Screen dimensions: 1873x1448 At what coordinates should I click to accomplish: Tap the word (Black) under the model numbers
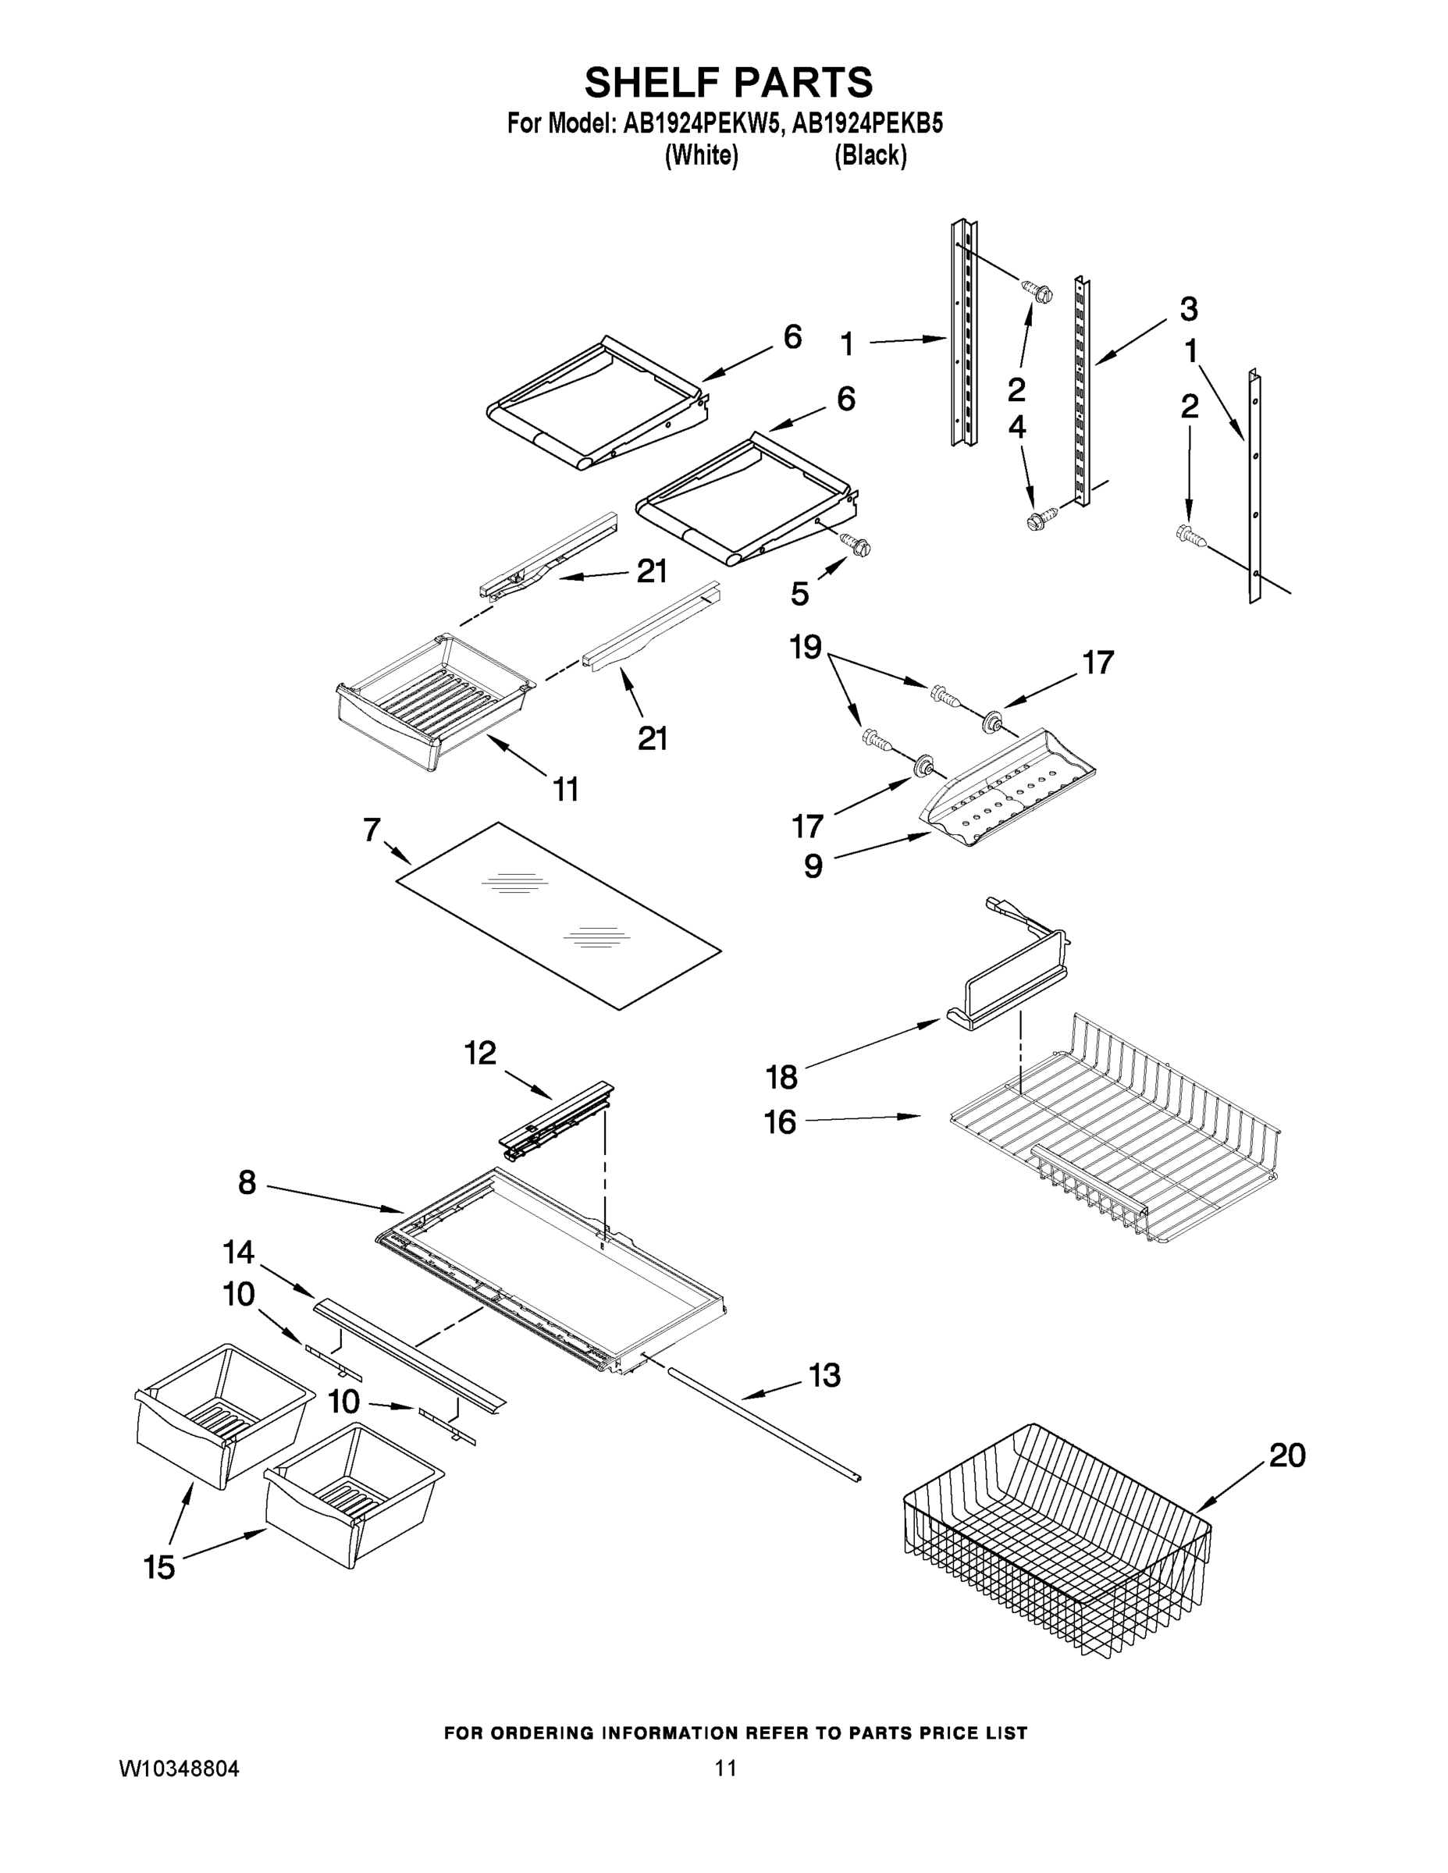point(870,155)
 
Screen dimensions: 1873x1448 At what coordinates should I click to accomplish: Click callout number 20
point(1286,1455)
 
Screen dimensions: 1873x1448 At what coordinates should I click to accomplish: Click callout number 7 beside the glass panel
point(371,830)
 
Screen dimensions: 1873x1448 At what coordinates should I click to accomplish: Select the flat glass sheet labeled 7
point(557,915)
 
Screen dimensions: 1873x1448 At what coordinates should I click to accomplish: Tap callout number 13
point(824,1376)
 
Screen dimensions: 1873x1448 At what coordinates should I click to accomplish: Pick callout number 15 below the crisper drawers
point(159,1568)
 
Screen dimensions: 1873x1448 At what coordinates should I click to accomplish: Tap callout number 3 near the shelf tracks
point(1187,309)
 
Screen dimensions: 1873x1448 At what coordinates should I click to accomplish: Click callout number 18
point(781,1076)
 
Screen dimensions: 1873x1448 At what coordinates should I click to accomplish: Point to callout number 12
point(480,1053)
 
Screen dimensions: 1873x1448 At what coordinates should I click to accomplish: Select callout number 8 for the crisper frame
point(247,1183)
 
